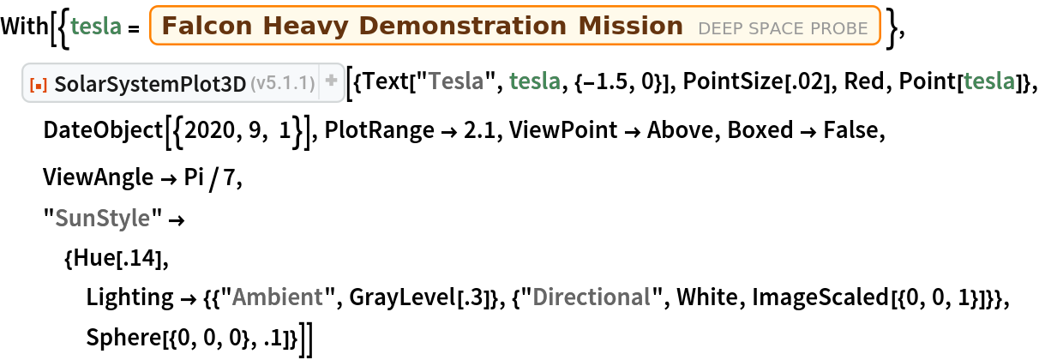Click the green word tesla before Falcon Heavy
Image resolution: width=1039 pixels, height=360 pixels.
click(95, 27)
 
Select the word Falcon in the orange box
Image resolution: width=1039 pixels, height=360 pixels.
click(199, 27)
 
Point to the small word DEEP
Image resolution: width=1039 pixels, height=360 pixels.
click(718, 29)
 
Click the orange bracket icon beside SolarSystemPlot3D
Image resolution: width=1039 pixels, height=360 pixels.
click(39, 83)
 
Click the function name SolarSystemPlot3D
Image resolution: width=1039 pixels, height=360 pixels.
click(150, 83)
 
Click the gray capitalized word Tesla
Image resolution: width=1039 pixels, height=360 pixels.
click(456, 81)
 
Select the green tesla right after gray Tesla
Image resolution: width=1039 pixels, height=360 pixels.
click(535, 81)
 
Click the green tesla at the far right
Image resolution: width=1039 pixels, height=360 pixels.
click(989, 81)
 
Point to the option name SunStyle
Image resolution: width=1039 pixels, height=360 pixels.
click(102, 219)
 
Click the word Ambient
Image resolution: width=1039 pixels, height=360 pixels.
click(277, 297)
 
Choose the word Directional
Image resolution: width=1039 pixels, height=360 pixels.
click(591, 297)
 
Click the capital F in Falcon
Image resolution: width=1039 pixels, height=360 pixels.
click(168, 27)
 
